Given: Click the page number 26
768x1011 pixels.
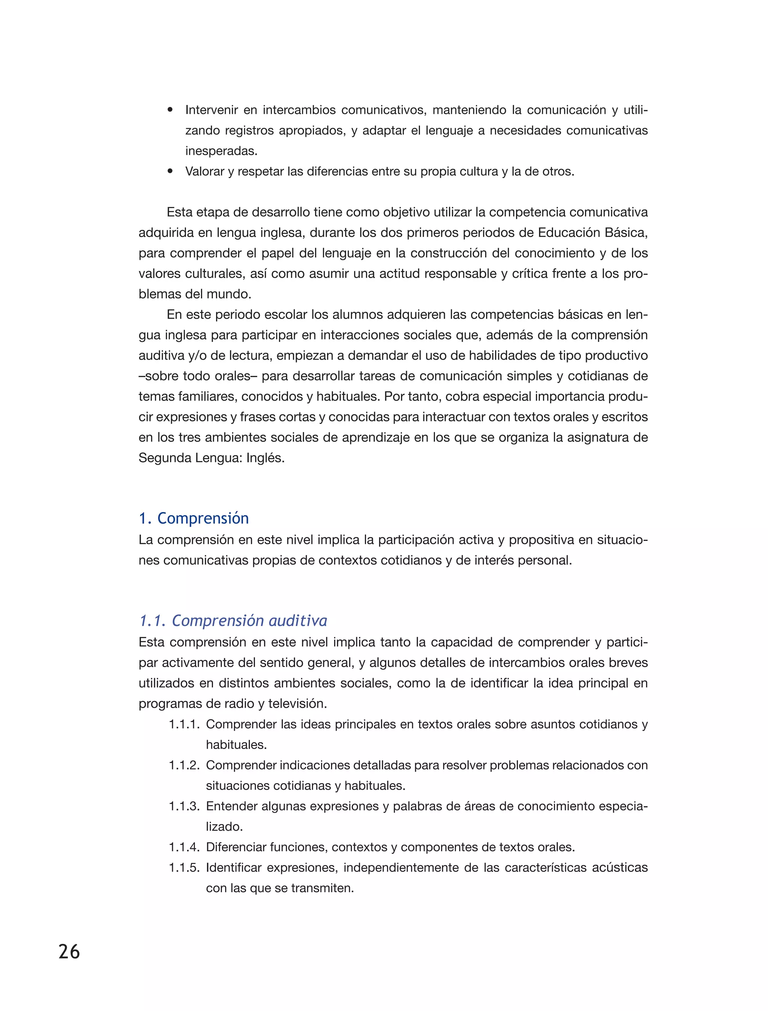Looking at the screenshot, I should [69, 952].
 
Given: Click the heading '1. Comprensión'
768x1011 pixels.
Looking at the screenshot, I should [194, 518].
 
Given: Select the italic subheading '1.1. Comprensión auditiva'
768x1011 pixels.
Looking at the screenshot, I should [233, 621].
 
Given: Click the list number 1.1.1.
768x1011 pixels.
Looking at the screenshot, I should [184, 725].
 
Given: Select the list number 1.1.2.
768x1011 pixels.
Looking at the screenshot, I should [184, 765].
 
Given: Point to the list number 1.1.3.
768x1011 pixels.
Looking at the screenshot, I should [184, 806].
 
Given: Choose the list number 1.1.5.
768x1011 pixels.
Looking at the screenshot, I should [184, 867].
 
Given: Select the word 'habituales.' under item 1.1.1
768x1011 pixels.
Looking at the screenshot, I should [236, 744].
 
